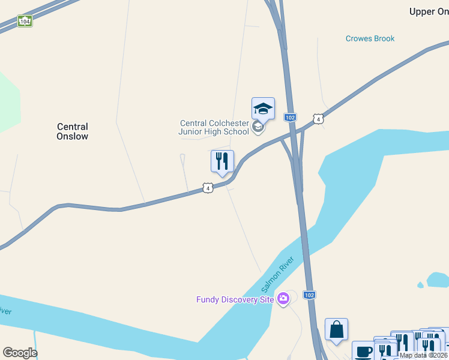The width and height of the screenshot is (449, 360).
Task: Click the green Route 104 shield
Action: point(25,22)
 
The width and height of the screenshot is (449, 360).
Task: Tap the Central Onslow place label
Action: point(73,131)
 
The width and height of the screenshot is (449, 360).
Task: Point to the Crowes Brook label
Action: point(370,39)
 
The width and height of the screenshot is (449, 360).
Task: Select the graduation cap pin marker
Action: point(263,109)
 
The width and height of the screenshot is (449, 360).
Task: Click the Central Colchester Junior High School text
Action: point(214,128)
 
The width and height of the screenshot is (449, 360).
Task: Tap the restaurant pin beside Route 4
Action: point(222,161)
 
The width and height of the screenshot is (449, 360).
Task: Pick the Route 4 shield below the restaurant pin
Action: point(208,188)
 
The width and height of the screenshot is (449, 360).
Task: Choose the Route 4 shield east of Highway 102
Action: point(318,119)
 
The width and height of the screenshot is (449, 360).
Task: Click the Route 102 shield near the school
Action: point(291,118)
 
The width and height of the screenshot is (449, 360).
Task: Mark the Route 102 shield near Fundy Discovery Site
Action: point(309,295)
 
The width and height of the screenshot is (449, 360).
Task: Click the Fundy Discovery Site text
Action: point(235,299)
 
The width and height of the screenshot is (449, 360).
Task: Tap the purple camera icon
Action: point(283,299)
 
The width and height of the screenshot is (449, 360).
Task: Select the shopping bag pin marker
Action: point(336,329)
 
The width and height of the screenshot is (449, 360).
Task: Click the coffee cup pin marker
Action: point(363,351)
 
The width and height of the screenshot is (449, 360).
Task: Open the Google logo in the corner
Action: point(20,353)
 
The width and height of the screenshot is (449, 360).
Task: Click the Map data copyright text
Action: point(424,355)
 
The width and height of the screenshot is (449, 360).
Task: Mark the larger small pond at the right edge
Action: point(438,280)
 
